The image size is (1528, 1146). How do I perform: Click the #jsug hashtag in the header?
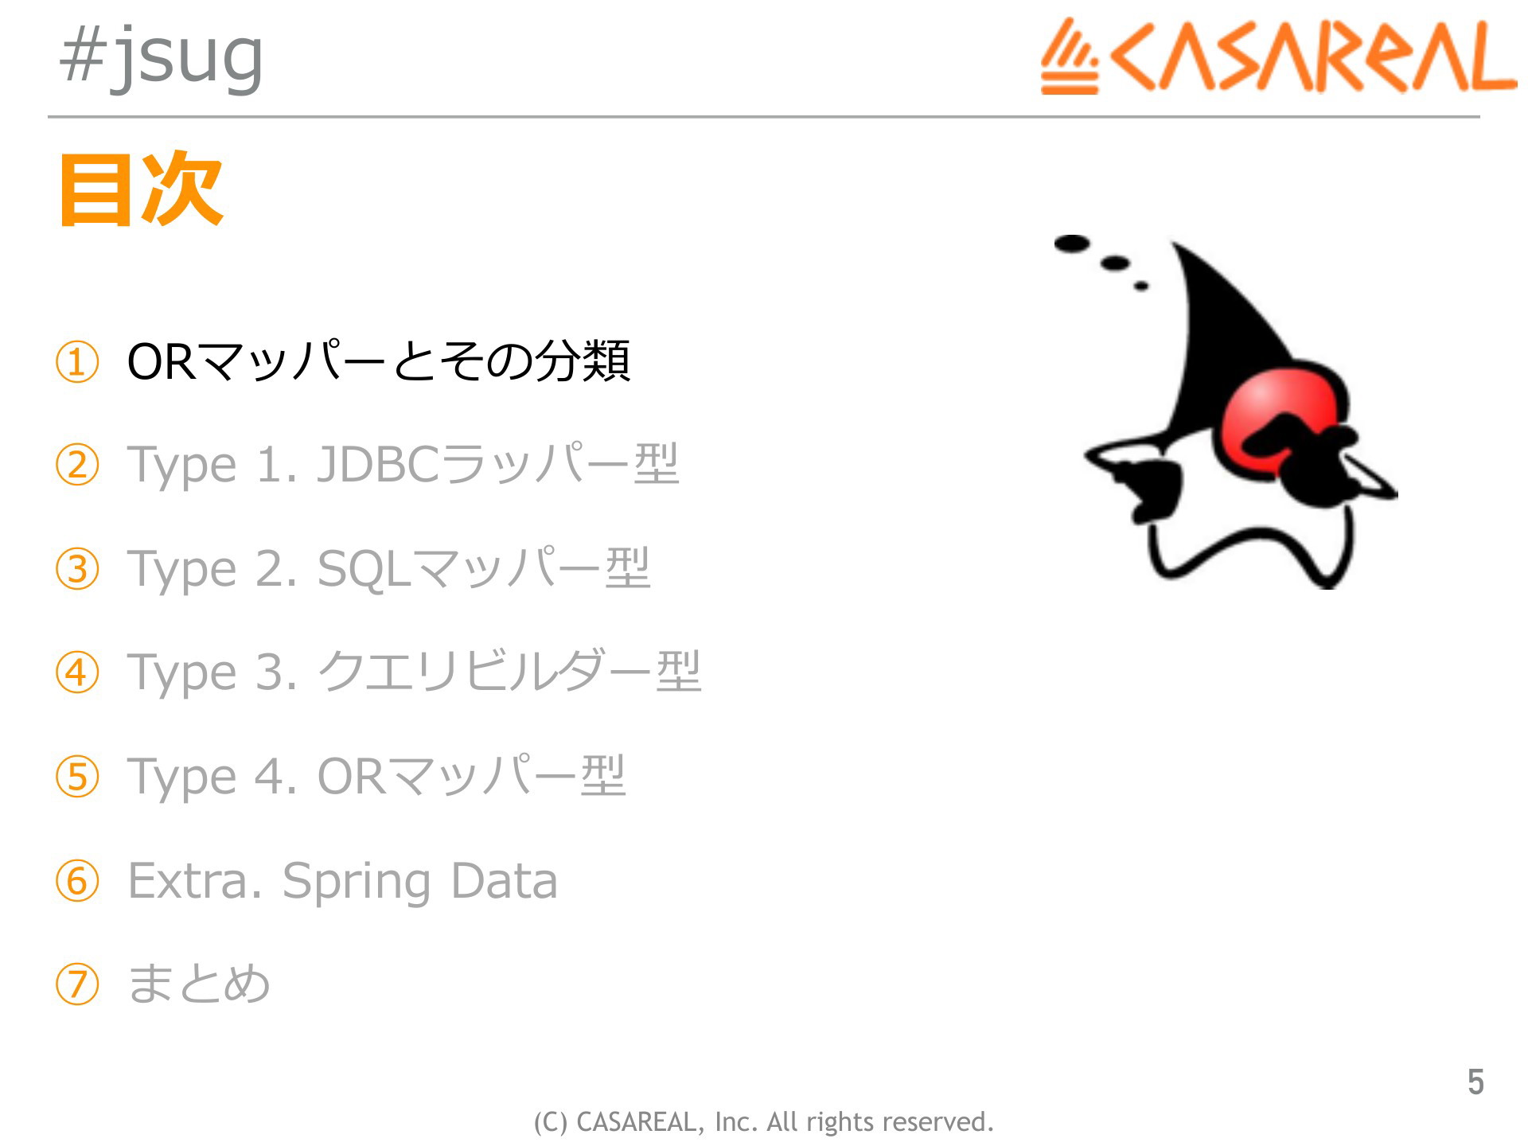pyautogui.click(x=162, y=57)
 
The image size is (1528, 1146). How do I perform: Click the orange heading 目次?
pyautogui.click(x=141, y=189)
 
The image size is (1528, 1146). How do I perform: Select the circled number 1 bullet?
pyautogui.click(x=77, y=362)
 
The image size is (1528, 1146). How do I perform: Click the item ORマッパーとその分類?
pyautogui.click(x=379, y=361)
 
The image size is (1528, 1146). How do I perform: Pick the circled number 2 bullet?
pyautogui.click(x=77, y=466)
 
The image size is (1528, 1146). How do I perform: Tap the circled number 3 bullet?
pyautogui.click(x=77, y=569)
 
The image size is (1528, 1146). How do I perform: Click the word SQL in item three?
pyautogui.click(x=364, y=569)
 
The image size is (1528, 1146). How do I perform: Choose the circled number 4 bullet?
pyautogui.click(x=77, y=672)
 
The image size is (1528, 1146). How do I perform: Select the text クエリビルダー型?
pyautogui.click(x=509, y=671)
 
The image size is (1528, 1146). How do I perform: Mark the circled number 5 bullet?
pyautogui.click(x=77, y=777)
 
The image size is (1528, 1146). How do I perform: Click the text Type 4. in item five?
pyautogui.click(x=212, y=776)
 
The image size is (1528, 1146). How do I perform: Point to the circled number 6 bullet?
pyautogui.click(x=77, y=881)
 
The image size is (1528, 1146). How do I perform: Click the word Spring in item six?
pyautogui.click(x=356, y=882)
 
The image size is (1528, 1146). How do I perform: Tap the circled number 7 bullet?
pyautogui.click(x=77, y=984)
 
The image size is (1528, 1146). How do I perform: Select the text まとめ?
pyautogui.click(x=199, y=984)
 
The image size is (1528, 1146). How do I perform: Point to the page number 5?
pyautogui.click(x=1475, y=1082)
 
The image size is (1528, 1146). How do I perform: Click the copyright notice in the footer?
pyautogui.click(x=764, y=1122)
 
